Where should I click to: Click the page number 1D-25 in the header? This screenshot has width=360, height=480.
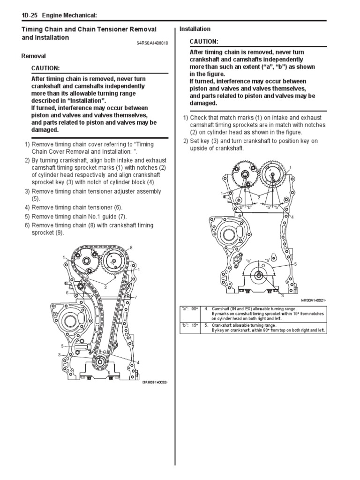point(30,15)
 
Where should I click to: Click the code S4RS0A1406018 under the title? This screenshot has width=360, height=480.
point(152,43)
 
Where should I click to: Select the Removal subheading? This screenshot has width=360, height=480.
point(34,56)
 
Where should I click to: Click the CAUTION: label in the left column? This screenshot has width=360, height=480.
point(45,68)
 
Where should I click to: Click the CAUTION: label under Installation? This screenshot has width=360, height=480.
point(204,42)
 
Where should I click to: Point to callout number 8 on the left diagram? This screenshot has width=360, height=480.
point(131,247)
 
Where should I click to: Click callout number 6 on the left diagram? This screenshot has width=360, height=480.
point(67,292)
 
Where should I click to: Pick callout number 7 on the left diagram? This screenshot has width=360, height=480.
point(135,298)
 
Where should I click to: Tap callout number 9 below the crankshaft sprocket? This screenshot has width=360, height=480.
point(109,372)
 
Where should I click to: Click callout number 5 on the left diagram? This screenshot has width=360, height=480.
point(61,346)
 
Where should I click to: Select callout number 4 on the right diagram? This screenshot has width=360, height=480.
point(292,217)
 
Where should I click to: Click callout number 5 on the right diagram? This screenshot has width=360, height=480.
point(295,264)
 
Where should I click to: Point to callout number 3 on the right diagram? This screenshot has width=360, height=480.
point(282,296)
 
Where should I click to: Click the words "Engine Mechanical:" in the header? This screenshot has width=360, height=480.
point(70,15)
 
